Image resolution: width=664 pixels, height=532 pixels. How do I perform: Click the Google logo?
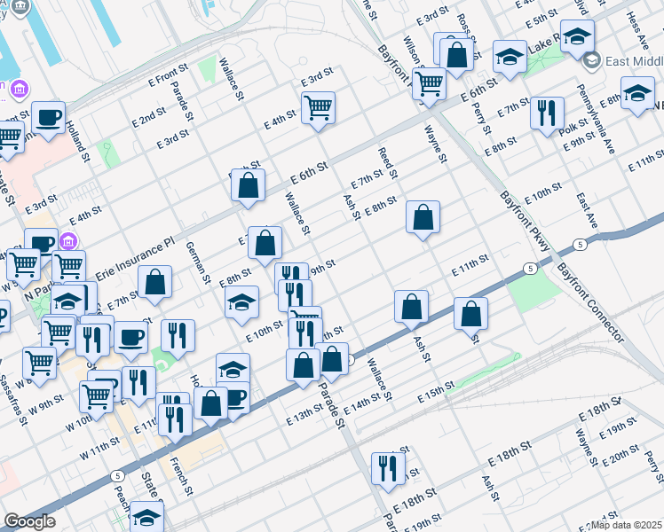[29, 522]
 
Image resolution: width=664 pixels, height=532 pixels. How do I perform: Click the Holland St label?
[78, 142]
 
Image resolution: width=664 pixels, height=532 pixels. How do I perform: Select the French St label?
[182, 474]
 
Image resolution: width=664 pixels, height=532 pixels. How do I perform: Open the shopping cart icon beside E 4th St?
[318, 108]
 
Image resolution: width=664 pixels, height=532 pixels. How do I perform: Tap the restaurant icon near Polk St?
[547, 113]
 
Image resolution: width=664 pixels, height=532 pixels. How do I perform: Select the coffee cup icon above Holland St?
[48, 116]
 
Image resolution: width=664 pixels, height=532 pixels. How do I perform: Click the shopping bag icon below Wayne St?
[423, 216]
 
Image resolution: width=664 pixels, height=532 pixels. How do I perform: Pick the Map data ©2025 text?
[628, 525]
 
